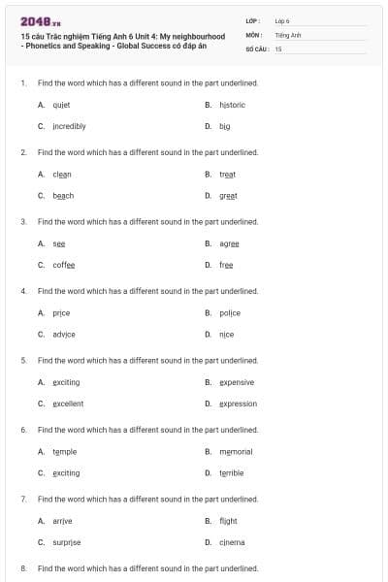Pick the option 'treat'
228,174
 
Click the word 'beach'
63,195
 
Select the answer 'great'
228,195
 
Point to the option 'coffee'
64,265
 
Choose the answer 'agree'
229,243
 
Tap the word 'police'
230,313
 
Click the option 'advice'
64,334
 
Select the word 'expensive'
237,382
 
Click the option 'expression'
238,404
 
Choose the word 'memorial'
236,452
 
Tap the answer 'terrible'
232,473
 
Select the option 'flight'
228,521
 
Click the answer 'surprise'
67,542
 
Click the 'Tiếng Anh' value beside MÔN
288,34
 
